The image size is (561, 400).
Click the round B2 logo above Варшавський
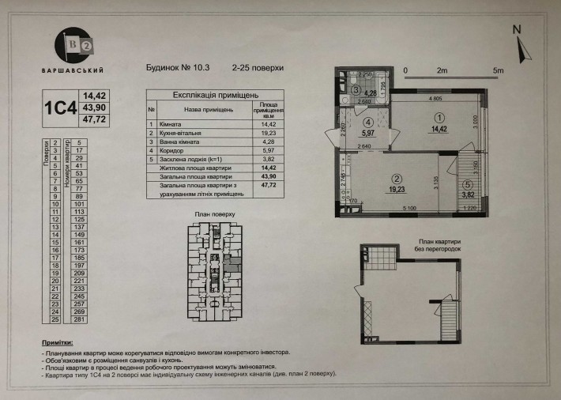point(72,45)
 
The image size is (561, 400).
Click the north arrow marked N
point(519,47)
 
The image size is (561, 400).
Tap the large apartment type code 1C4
point(61,107)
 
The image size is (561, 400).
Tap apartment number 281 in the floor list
point(79,320)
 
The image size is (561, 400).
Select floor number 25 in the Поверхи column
point(55,320)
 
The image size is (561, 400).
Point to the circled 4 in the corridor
point(367,123)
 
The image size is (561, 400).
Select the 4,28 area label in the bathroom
point(371,93)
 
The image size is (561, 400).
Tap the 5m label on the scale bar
point(498,71)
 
